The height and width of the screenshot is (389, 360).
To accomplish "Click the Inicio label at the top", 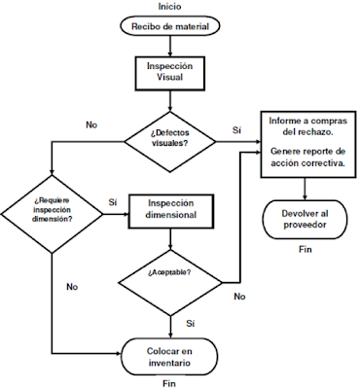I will click(170, 7).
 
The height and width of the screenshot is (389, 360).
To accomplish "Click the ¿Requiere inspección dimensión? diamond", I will click(48, 206).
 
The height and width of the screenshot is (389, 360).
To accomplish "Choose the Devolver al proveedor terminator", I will click(306, 219).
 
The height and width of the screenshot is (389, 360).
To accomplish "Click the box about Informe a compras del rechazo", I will click(306, 145).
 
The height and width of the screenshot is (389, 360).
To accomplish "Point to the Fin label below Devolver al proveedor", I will click(306, 251).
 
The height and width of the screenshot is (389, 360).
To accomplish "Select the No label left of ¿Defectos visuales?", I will click(91, 125).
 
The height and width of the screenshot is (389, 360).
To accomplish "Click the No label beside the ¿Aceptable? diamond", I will click(238, 296).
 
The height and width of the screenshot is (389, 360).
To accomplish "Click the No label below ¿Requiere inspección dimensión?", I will click(72, 287).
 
